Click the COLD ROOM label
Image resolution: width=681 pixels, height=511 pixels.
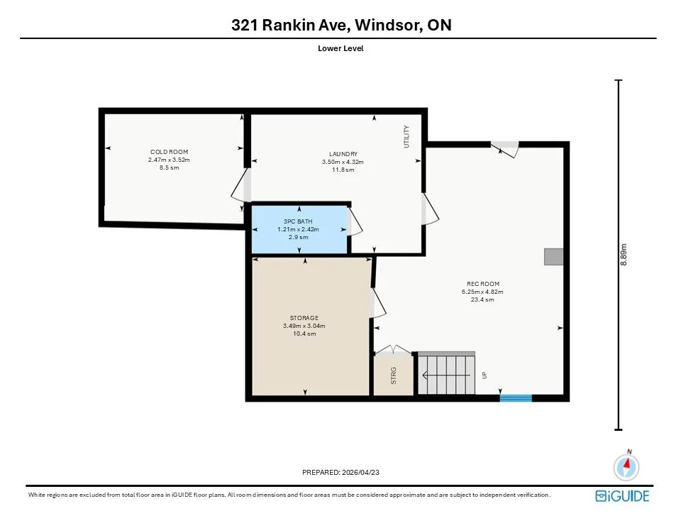[169, 152]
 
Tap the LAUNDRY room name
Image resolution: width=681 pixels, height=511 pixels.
[343, 154]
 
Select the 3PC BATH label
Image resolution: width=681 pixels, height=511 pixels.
[298, 221]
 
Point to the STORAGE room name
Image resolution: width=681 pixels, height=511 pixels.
[304, 318]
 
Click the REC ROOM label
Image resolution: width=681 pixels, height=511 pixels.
[483, 284]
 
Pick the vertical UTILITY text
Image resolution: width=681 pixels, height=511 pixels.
[406, 136]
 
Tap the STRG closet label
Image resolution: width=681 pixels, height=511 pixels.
[394, 375]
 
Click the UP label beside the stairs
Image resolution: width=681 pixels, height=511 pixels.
[485, 375]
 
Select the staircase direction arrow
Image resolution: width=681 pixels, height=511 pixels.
[446, 375]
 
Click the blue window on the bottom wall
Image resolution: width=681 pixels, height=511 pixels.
[516, 398]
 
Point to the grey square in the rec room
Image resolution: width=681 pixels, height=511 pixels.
[554, 256]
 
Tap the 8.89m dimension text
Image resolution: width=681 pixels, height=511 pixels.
[624, 255]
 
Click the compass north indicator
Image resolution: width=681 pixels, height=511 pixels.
[626, 466]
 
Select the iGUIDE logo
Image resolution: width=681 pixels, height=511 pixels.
[622, 496]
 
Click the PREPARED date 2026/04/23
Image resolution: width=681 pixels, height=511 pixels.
[360, 472]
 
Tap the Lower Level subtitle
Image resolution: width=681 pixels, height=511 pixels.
[340, 48]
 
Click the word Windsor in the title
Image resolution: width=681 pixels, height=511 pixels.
[387, 25]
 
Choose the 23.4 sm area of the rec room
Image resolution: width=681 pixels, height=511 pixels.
[482, 300]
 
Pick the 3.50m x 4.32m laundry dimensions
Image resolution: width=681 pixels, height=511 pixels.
[343, 162]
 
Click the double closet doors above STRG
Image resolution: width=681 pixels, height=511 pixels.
[393, 350]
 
